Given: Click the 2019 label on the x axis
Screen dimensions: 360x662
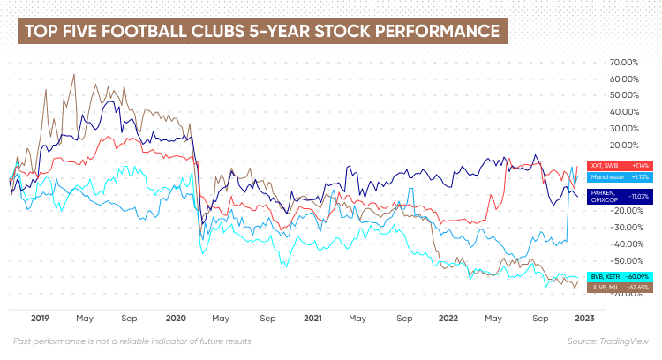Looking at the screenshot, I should (40, 317).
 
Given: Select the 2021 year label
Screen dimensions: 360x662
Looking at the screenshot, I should (312, 317).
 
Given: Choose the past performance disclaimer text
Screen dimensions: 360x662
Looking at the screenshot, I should (132, 341).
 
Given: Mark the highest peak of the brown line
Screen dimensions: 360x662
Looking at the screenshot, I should (74, 74).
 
